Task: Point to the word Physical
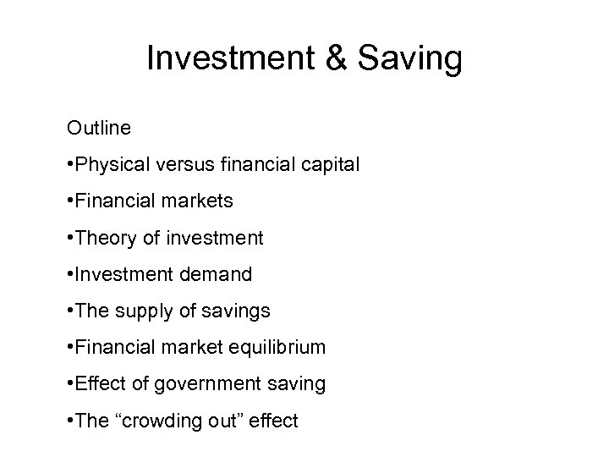[113, 166]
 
